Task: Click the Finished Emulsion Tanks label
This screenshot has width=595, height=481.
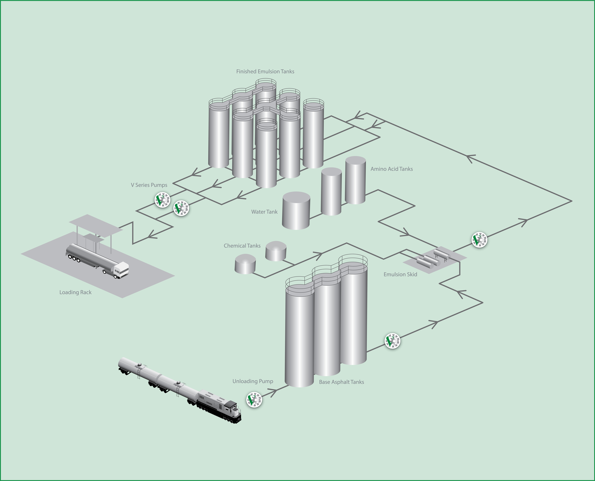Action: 265,72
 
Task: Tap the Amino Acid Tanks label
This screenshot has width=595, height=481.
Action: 391,169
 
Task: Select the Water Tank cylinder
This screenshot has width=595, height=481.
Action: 296,210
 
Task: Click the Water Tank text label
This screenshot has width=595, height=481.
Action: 264,212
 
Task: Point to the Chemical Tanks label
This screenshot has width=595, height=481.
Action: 242,246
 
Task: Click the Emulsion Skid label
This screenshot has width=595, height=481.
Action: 400,274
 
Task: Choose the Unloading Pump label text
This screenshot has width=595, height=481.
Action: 253,381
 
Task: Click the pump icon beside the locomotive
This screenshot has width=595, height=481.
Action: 254,400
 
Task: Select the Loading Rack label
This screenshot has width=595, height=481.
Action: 75,292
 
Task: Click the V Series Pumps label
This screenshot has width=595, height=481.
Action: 149,185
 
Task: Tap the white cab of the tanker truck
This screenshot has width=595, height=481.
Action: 121,270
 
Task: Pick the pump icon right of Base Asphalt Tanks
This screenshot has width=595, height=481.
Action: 393,341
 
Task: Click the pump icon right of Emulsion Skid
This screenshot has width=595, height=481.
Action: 479,240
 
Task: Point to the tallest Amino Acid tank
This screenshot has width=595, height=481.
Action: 355,180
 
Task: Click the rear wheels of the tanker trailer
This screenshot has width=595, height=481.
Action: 74,259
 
